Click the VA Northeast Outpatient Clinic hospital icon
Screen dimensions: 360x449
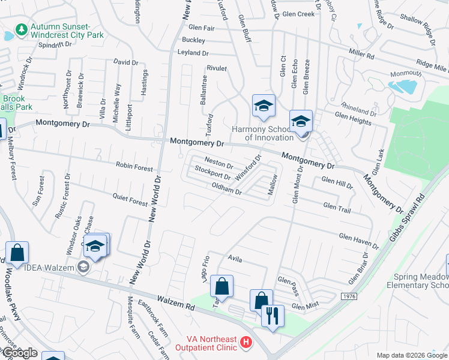click(x=245, y=343)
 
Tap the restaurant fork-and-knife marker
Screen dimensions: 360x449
click(x=273, y=316)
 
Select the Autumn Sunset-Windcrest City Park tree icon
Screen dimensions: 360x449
click(x=22, y=29)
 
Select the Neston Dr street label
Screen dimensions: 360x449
click(x=218, y=162)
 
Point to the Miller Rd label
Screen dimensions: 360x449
click(x=361, y=55)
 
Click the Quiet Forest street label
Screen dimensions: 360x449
click(x=130, y=200)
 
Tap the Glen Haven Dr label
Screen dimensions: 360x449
click(x=359, y=241)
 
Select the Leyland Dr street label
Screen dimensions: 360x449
click(x=192, y=53)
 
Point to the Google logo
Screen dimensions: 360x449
click(x=19, y=353)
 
